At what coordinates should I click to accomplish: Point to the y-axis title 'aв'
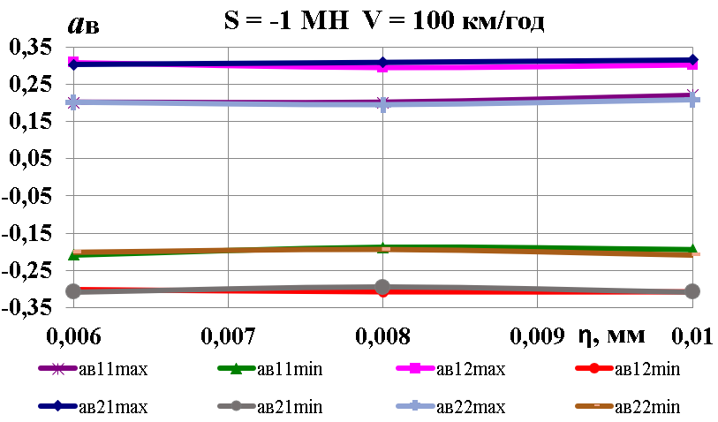(x=83, y=24)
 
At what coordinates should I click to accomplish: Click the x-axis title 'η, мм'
(x=611, y=335)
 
